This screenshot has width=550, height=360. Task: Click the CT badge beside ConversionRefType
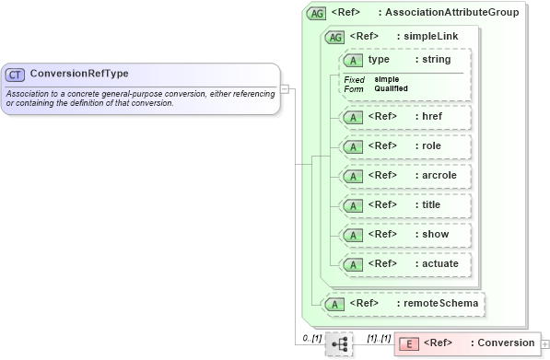tap(16, 74)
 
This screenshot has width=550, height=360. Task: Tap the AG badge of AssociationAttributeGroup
tap(317, 13)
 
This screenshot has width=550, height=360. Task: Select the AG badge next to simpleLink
tap(335, 37)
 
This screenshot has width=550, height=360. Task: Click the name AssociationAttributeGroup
tap(451, 13)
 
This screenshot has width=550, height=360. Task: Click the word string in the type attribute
tap(437, 60)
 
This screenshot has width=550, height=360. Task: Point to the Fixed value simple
tap(386, 79)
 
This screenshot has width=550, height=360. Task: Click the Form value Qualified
tap(391, 88)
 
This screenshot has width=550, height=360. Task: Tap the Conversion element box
tap(467, 343)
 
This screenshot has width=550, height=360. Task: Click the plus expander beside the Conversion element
tap(545, 344)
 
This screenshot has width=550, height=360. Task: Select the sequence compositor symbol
tap(339, 343)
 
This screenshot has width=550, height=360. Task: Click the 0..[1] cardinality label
tap(311, 339)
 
